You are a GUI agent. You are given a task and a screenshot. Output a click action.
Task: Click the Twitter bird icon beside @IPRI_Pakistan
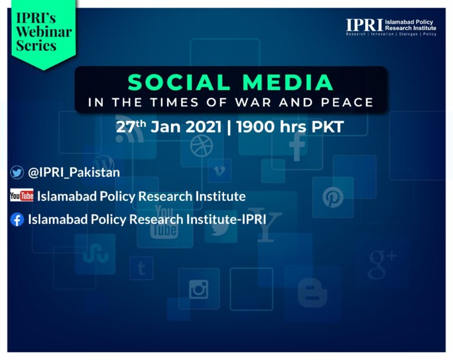[17, 173]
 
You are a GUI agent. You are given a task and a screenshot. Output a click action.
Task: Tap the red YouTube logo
[22, 196]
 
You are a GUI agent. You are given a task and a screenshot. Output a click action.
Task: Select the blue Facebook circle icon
[17, 219]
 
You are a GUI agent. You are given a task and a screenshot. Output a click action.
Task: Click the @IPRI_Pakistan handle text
[74, 173]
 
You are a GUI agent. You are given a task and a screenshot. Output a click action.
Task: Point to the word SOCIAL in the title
[179, 82]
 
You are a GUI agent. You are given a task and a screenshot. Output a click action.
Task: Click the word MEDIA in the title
[288, 82]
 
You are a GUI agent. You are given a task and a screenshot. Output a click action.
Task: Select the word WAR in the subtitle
[254, 102]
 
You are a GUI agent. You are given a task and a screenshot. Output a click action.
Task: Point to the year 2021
[203, 127]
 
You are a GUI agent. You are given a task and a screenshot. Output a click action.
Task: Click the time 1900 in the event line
[255, 127]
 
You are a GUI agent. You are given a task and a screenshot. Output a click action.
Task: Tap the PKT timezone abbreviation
[327, 127]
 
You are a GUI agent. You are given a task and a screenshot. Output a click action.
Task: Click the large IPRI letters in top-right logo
[365, 25]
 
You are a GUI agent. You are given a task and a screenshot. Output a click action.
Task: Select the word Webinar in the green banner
[44, 31]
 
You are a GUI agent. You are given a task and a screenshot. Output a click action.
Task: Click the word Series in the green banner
[36, 45]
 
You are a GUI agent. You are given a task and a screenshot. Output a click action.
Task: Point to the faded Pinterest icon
[333, 197]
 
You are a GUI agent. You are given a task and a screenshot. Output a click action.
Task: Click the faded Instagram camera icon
[199, 289]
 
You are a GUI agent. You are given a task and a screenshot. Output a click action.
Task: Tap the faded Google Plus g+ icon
[382, 264]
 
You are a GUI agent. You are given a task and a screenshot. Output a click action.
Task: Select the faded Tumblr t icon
[142, 269]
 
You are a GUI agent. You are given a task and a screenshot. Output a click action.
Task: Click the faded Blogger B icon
[312, 293]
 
